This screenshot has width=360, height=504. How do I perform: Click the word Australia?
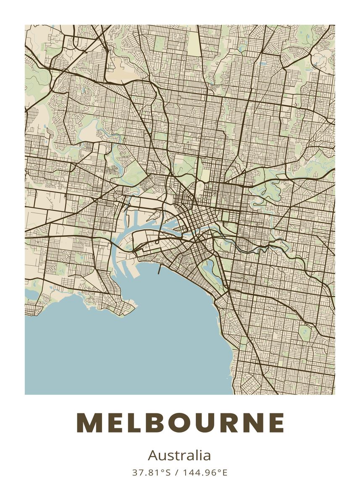coord(179,455)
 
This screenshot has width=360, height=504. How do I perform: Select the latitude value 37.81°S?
coord(152,472)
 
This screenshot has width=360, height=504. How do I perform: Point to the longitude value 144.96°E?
coord(205,472)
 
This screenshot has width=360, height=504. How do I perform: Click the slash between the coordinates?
coord(176,472)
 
